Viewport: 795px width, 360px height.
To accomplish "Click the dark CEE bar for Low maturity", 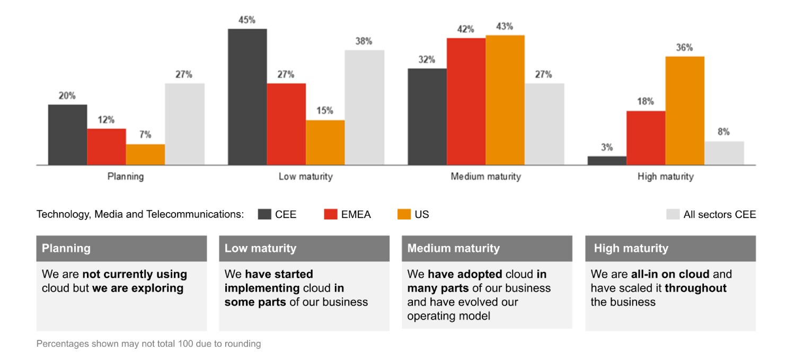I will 247,96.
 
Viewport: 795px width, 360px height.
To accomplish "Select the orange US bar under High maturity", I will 685,110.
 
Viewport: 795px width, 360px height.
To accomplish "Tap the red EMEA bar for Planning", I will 107,146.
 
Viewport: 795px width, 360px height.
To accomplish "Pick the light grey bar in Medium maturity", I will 544,124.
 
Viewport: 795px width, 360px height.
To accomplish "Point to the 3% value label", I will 607,147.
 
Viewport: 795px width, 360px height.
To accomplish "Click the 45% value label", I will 247,20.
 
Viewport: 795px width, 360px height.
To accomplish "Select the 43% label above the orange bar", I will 505,27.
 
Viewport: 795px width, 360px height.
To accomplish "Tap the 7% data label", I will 145,135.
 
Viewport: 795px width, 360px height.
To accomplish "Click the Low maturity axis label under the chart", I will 305,177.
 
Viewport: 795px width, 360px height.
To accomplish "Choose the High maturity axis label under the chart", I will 665,177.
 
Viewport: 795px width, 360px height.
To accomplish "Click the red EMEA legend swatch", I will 330,214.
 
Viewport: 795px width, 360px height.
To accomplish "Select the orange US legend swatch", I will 404,214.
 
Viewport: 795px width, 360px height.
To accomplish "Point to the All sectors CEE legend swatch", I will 673,214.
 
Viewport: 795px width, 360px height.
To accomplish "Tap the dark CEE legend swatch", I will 264,214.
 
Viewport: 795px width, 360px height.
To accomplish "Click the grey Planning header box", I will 121,248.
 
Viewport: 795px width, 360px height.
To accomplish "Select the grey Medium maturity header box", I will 487,248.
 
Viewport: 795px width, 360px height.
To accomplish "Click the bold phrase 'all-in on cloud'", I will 670,274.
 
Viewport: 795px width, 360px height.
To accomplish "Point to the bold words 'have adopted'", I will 465,274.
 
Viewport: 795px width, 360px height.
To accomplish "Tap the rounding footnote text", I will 148,344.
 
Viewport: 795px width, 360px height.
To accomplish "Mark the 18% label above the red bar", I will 646,101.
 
